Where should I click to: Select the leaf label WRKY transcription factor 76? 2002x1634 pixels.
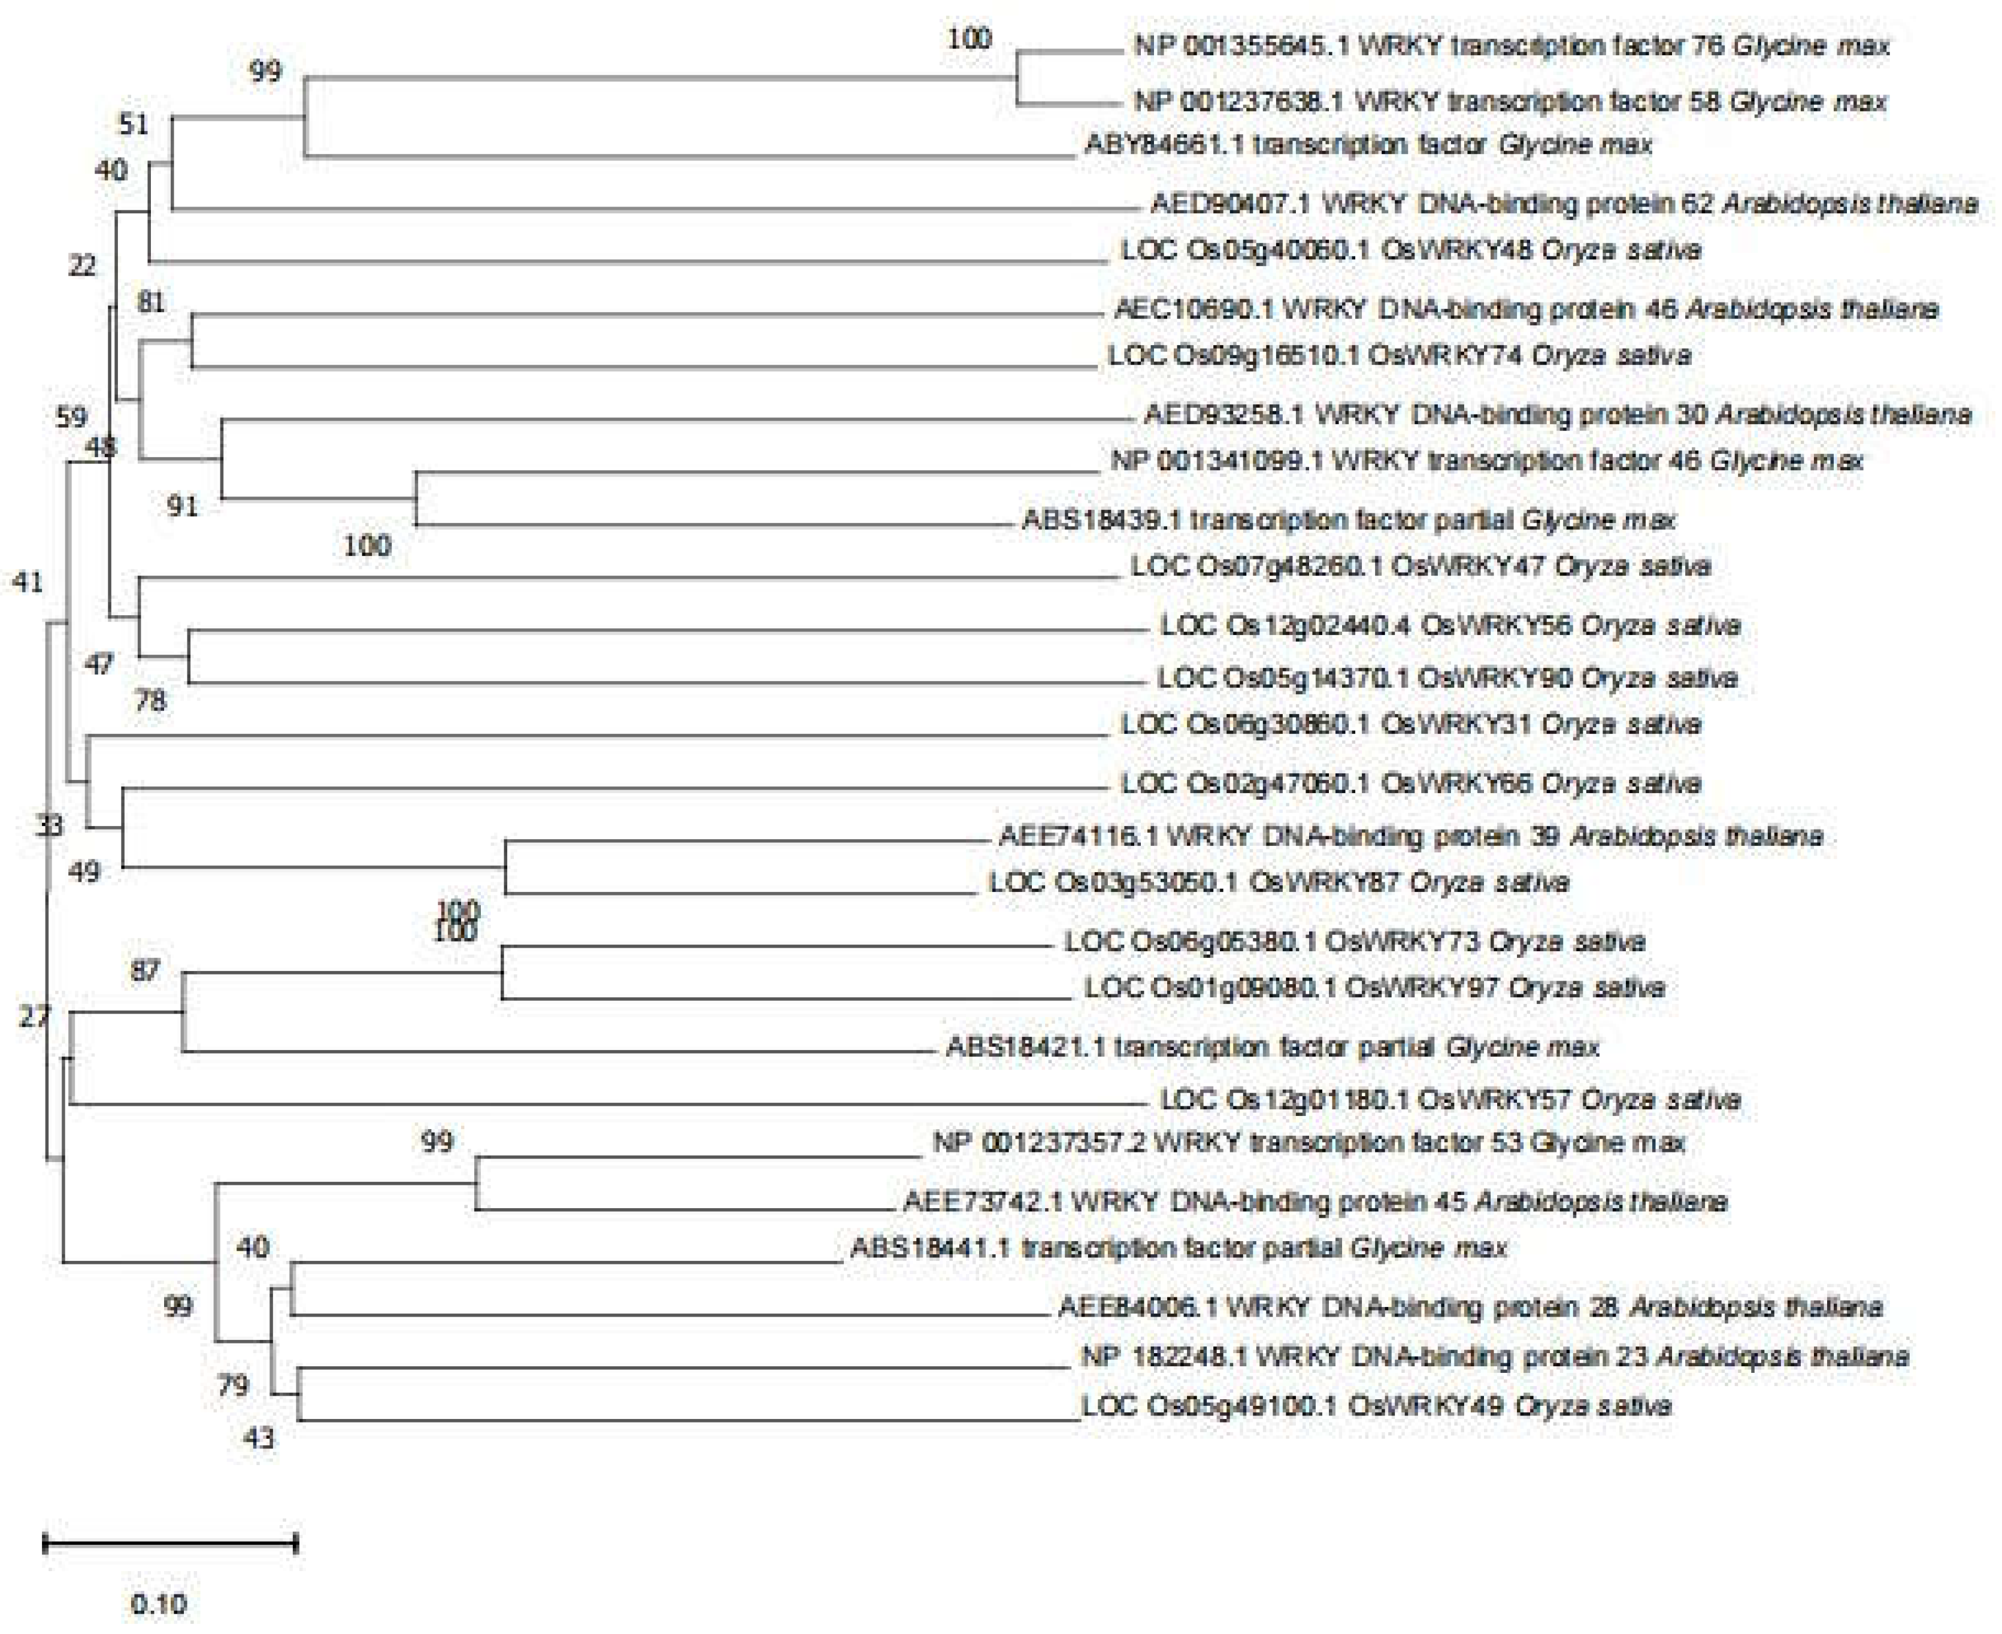pos(1512,45)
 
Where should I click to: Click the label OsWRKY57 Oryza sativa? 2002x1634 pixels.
pos(1449,1099)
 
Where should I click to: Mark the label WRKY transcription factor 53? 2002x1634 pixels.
pos(1309,1143)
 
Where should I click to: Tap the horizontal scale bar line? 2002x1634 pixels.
pos(170,1544)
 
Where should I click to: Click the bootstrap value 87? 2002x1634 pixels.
pos(145,970)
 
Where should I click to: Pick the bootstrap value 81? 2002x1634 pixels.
pos(150,302)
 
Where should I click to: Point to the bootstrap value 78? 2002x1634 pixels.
pos(150,701)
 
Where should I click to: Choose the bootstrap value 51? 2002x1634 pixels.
pos(134,123)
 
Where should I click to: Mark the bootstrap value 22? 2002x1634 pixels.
pos(83,267)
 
